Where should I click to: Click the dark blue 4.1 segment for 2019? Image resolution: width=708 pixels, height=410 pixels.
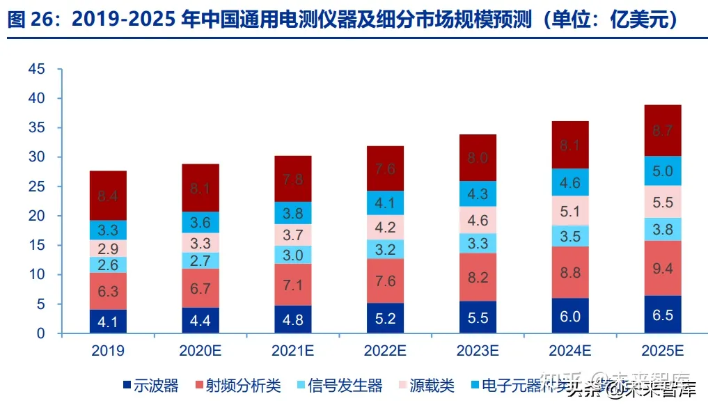pyautogui.click(x=108, y=322)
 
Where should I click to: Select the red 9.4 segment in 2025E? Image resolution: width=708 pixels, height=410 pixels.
pyautogui.click(x=663, y=268)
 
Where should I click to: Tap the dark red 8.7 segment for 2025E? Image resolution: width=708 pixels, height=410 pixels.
pyautogui.click(x=663, y=130)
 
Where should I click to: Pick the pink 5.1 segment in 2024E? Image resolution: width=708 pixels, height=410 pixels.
pyautogui.click(x=570, y=210)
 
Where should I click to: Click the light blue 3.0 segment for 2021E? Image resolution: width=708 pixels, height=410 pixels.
pyautogui.click(x=293, y=255)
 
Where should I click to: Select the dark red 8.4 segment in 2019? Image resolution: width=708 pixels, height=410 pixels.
pyautogui.click(x=108, y=196)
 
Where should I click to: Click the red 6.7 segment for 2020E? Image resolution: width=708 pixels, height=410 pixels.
pyautogui.click(x=200, y=288)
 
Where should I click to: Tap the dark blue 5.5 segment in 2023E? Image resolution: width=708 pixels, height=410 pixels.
pyautogui.click(x=478, y=317)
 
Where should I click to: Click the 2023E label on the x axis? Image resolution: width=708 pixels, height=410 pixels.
pyautogui.click(x=478, y=350)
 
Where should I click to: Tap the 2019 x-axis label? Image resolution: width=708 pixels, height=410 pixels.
pyautogui.click(x=108, y=350)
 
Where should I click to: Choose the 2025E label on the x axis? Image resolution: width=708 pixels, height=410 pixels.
pyautogui.click(x=663, y=350)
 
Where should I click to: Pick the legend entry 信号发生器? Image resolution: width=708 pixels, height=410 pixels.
pyautogui.click(x=345, y=386)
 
